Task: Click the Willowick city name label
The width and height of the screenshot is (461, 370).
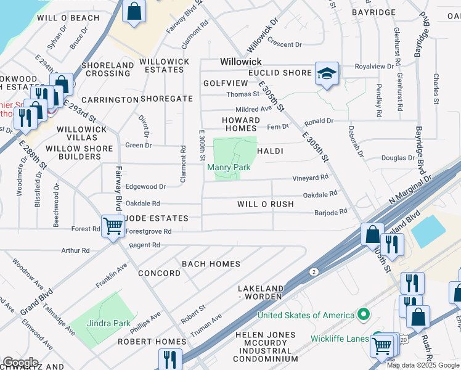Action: [x=241, y=62]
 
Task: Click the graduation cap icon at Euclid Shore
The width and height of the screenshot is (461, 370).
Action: [x=324, y=74]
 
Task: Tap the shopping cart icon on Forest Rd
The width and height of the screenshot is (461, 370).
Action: [x=113, y=226]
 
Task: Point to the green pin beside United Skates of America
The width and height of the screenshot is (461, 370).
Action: [x=363, y=315]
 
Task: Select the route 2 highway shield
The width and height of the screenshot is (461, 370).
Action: [x=314, y=272]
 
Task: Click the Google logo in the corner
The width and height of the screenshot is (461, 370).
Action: [x=20, y=363]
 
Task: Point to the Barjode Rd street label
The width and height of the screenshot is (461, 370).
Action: [x=331, y=211]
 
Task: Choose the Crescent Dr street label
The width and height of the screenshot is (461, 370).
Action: [x=284, y=44]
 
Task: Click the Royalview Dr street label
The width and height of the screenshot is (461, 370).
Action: [x=373, y=66]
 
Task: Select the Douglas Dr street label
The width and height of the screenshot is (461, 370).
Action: [x=393, y=158]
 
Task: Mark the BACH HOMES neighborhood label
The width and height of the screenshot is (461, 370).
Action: [x=211, y=264]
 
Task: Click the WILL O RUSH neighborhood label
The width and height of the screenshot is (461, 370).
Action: [x=265, y=204]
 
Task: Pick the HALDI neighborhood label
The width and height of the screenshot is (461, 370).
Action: [x=269, y=151]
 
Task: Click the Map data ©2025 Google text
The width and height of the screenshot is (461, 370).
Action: [x=423, y=365]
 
